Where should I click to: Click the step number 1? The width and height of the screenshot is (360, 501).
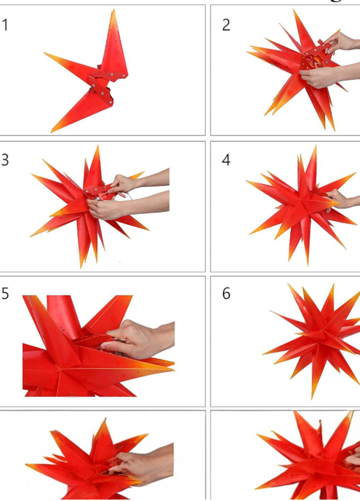5,25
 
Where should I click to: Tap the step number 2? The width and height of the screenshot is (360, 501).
226,25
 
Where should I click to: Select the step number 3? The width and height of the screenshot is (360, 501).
5,160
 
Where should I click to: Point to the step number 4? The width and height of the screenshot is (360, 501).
226,160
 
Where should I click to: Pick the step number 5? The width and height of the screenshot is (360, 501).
5,294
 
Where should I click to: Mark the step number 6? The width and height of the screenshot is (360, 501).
226,294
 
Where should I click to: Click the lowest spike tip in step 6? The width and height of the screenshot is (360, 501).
312,397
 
